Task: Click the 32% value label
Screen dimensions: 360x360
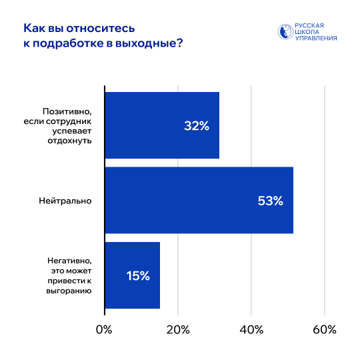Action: (197, 126)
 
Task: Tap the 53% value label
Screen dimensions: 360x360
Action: (270, 201)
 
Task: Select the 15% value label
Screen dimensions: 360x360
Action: (138, 275)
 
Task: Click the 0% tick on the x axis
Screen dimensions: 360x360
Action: (104, 330)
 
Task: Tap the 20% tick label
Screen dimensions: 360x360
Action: (177, 330)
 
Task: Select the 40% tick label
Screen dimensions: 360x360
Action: (251, 330)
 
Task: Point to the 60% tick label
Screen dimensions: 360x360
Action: (324, 330)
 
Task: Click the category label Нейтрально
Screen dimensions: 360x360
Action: (65, 201)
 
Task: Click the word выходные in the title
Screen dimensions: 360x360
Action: (147, 43)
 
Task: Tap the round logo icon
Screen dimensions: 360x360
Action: (285, 32)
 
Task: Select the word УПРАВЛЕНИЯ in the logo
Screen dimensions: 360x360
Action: (317, 39)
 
